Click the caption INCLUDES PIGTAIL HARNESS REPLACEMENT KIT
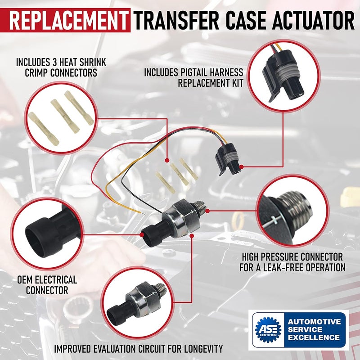(193, 77)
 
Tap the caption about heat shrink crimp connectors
(61, 67)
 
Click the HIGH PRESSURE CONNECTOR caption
(292, 262)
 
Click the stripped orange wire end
(138, 211)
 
